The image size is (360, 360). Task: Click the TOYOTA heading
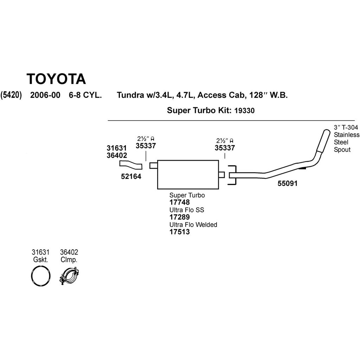(56, 79)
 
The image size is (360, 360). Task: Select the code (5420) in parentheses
(11, 95)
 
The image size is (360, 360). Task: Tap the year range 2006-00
(45, 95)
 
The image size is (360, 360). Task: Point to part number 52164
(130, 177)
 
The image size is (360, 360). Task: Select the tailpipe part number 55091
(287, 183)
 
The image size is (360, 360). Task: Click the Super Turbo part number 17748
(180, 202)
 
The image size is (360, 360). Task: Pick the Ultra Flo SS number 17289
(180, 217)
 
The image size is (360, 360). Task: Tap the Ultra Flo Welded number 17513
(180, 232)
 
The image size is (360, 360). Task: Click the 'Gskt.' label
(40, 260)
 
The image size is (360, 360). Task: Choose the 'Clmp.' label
(69, 260)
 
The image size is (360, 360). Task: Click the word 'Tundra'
(129, 95)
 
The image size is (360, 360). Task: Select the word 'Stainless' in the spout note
(347, 135)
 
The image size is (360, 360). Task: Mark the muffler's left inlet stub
(153, 165)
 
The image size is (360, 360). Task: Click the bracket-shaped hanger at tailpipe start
(232, 175)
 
